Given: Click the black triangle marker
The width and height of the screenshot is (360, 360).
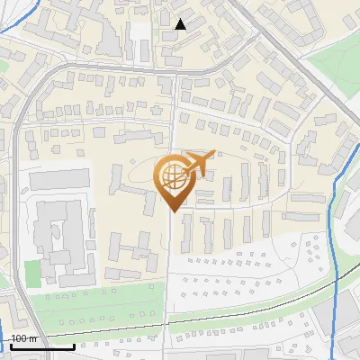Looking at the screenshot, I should pyautogui.click(x=181, y=24).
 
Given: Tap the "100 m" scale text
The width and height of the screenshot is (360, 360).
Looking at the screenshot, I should pyautogui.click(x=24, y=338).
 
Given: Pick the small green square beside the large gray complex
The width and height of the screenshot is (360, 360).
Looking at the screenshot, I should pyautogui.click(x=32, y=272).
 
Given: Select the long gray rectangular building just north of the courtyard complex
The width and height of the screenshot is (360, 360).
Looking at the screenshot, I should pyautogui.click(x=60, y=179).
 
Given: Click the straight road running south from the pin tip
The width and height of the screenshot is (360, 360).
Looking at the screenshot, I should pyautogui.click(x=171, y=270).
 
